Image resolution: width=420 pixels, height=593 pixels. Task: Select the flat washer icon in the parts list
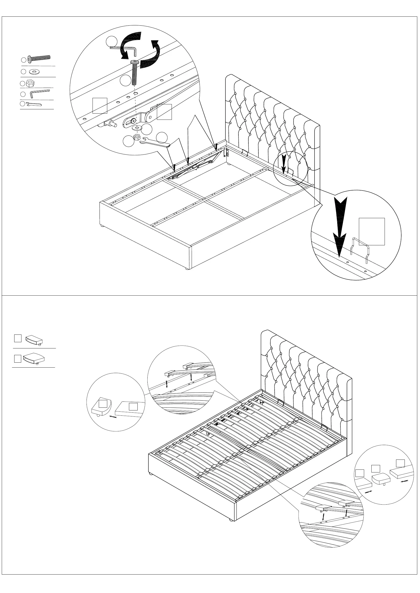(x=34, y=71)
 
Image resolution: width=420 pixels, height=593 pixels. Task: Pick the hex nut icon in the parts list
(x=30, y=83)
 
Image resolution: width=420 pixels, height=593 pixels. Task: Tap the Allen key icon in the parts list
(x=39, y=93)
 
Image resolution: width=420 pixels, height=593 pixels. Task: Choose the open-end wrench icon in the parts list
(x=34, y=104)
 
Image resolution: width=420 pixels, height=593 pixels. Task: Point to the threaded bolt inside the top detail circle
(x=135, y=73)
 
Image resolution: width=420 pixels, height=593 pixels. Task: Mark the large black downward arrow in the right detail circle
(x=340, y=227)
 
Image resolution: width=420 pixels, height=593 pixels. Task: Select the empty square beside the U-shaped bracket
(x=372, y=231)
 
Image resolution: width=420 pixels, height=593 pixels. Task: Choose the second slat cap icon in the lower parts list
(x=34, y=358)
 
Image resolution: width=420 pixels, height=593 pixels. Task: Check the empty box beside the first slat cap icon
(x=18, y=338)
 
